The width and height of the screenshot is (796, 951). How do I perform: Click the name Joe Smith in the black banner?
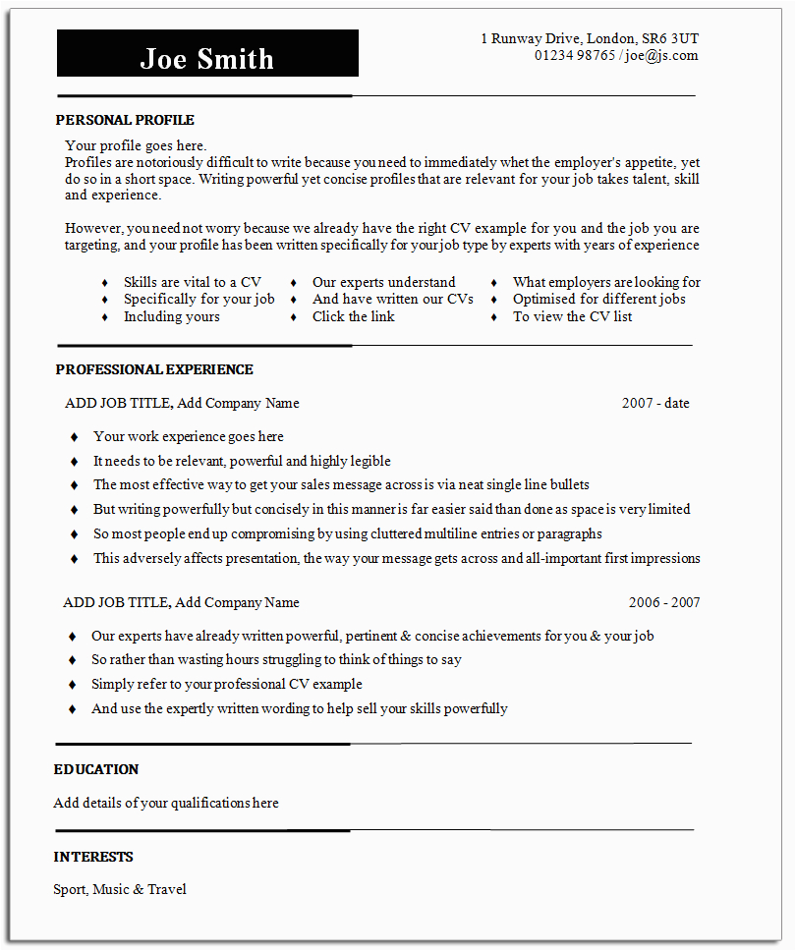click(207, 58)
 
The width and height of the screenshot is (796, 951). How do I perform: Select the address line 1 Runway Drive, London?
click(590, 38)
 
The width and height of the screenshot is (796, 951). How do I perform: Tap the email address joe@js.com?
click(660, 55)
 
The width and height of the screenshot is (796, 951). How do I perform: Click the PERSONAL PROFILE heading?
click(125, 120)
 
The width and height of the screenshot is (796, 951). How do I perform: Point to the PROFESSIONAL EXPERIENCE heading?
click(154, 369)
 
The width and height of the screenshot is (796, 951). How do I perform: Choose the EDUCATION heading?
click(96, 769)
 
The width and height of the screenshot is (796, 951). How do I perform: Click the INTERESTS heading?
click(93, 857)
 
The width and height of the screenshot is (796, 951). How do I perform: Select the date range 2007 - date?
click(655, 403)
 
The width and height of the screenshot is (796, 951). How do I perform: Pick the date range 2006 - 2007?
click(664, 602)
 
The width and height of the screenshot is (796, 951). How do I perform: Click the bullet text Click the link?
click(354, 316)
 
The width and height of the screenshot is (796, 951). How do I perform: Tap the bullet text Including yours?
click(172, 316)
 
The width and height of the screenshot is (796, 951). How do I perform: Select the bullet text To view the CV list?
click(573, 316)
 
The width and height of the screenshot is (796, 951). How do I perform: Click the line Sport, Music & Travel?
click(120, 889)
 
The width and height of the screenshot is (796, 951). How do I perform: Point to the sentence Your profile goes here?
click(136, 145)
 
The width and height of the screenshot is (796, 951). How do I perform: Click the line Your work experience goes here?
click(189, 436)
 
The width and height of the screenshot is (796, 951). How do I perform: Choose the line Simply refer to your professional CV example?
click(227, 684)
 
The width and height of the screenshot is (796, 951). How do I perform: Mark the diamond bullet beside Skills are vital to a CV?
click(104, 283)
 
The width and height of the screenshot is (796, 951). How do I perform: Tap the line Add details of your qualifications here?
click(166, 803)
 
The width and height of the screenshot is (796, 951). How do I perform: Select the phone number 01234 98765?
click(575, 55)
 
